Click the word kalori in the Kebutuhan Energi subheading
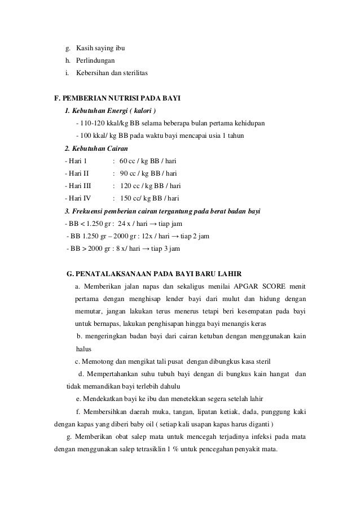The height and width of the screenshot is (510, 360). [137, 110]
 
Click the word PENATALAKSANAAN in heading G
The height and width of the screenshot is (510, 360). [117, 274]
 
